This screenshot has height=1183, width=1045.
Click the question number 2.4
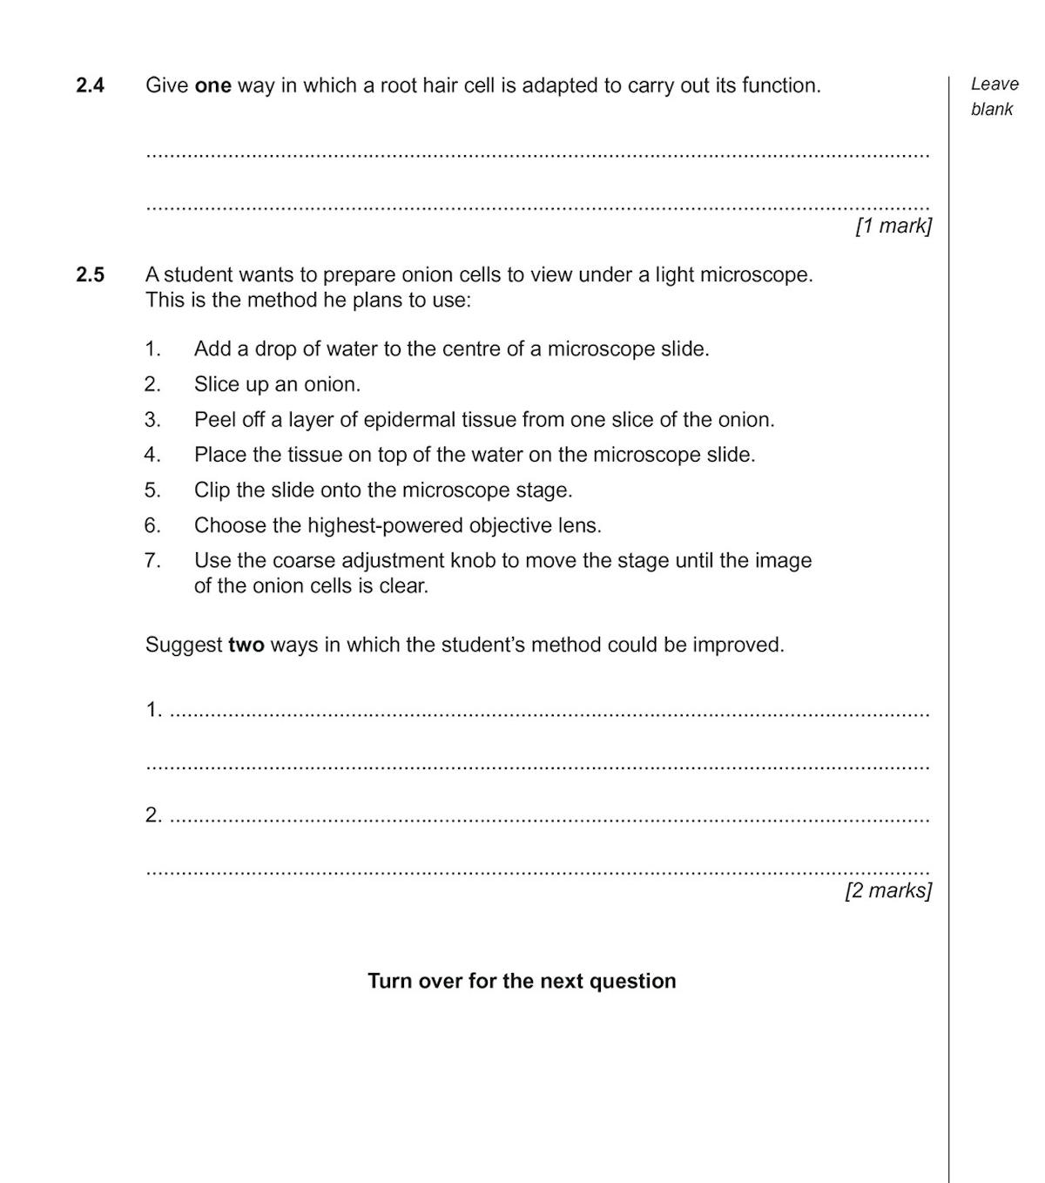click(90, 85)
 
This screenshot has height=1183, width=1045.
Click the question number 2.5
click(90, 275)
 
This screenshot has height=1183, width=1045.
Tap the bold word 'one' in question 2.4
click(212, 85)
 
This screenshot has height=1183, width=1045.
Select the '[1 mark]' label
click(893, 226)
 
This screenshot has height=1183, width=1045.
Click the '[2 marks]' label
click(888, 890)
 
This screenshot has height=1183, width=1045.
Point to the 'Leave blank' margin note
click(994, 96)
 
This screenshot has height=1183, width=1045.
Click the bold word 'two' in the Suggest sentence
click(246, 646)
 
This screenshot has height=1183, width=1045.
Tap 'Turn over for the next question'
click(522, 981)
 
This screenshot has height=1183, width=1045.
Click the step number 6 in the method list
click(152, 525)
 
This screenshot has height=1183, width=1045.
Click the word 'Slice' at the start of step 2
click(216, 384)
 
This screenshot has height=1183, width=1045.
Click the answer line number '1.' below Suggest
click(153, 710)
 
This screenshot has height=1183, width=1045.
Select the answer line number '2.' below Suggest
click(153, 815)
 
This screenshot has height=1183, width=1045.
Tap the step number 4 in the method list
click(152, 455)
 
